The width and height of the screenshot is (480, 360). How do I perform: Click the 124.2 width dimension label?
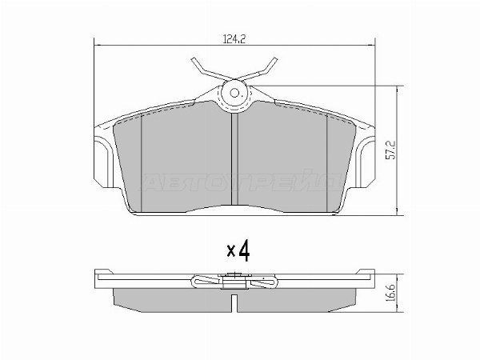pos(234,35)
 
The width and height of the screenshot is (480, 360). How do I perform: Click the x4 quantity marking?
pos(238,251)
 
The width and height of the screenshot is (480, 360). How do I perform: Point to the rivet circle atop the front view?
pos(235,93)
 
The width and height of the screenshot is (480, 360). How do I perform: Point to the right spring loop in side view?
pos(264,281)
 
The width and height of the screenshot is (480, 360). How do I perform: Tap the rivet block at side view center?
pos(235,279)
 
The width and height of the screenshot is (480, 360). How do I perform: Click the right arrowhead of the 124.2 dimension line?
pos(372,44)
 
